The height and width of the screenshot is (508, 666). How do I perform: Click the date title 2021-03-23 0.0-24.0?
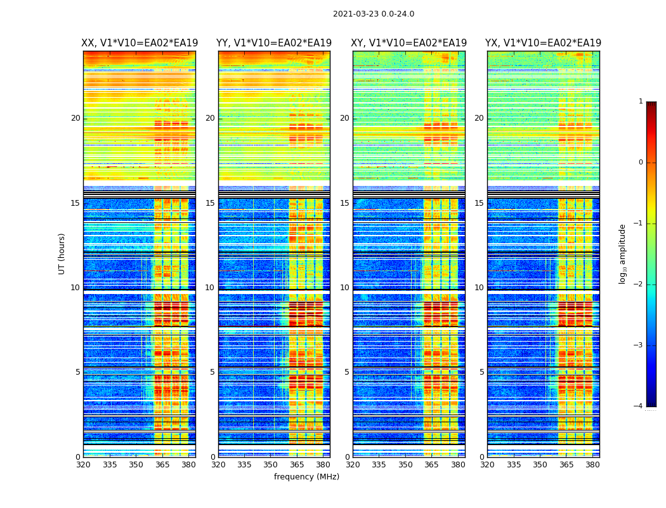pos(374,14)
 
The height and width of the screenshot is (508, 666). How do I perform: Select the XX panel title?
pos(140,43)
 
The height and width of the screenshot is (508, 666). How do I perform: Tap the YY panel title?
pos(274,43)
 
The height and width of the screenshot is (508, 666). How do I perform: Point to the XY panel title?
pos(409,43)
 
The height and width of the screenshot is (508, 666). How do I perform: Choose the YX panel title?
pos(543,43)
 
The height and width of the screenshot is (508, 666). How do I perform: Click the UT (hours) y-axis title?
pos(62,253)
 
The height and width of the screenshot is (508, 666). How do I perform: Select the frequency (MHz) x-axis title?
pos(306,477)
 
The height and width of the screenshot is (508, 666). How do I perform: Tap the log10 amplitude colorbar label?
pos(623,253)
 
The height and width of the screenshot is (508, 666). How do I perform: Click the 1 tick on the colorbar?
pos(641,102)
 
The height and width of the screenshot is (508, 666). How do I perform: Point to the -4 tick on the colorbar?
pos(639,406)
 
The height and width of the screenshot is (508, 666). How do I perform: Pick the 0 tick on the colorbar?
pos(641,163)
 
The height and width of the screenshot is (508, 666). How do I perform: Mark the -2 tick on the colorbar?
pos(639,284)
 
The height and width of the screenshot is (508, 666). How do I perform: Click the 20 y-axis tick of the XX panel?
pos(75,118)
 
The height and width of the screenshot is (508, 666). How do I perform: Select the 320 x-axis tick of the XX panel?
pos(83,465)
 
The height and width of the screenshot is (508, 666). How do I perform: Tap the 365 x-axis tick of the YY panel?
pos(297,465)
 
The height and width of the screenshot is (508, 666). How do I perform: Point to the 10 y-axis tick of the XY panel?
pos(344,288)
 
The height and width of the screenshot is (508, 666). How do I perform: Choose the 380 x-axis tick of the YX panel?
pos(592,465)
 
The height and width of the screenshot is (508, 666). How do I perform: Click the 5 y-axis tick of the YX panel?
pos(481,372)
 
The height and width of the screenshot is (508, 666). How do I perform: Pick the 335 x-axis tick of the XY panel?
pos(379,465)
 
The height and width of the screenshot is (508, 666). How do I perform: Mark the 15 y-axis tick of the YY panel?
pos(210,203)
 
